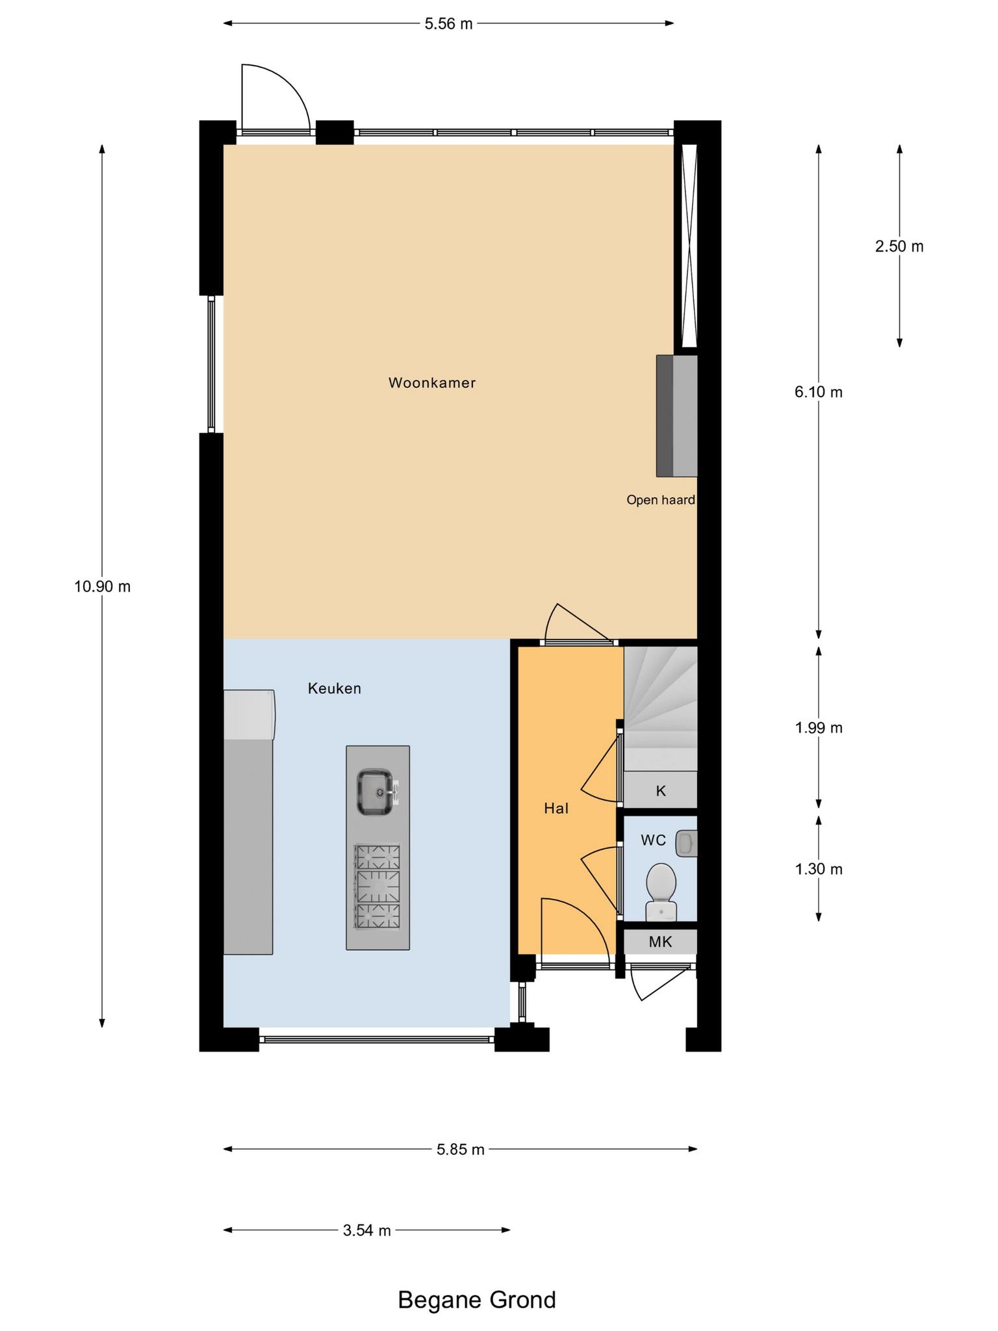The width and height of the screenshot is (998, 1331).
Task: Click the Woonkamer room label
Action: click(432, 383)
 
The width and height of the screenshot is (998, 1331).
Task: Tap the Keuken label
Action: click(335, 688)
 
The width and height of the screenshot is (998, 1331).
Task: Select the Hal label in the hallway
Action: click(556, 808)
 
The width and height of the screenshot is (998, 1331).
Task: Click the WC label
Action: click(653, 840)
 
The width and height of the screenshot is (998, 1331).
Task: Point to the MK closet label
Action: click(660, 941)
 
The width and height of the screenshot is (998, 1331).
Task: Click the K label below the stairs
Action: click(661, 791)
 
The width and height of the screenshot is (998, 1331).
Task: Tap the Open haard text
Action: click(660, 500)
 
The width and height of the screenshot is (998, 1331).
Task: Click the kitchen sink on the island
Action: click(377, 792)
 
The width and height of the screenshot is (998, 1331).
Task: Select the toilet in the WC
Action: click(661, 892)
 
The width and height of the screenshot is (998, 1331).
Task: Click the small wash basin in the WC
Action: click(686, 844)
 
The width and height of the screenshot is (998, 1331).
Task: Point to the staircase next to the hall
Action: click(661, 708)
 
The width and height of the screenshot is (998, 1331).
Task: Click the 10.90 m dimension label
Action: click(102, 587)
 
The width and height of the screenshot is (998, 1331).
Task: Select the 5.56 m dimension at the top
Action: click(448, 24)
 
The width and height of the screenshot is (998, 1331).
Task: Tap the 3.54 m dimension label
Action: click(367, 1230)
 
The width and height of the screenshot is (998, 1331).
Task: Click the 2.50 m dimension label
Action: click(899, 246)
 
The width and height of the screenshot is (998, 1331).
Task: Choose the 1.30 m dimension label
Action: click(819, 869)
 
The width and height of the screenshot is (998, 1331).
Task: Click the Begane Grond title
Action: click(477, 1299)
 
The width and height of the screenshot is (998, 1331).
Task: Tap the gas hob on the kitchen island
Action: click(377, 886)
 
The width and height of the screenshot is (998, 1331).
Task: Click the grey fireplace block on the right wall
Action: click(676, 415)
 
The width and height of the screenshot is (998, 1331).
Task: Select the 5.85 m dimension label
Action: click(461, 1149)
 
